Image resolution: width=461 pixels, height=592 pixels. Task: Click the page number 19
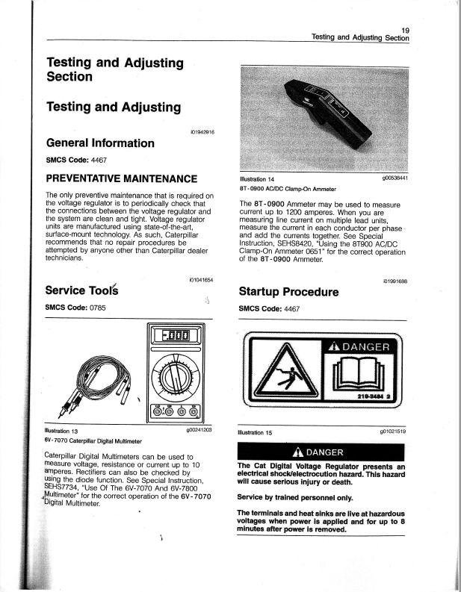pyautogui.click(x=406, y=29)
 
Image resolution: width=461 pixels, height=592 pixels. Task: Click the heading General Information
pyautogui.click(x=100, y=143)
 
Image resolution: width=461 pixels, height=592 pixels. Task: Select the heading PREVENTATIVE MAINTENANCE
pyautogui.click(x=122, y=178)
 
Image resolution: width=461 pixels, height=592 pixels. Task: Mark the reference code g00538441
pyautogui.click(x=393, y=178)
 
